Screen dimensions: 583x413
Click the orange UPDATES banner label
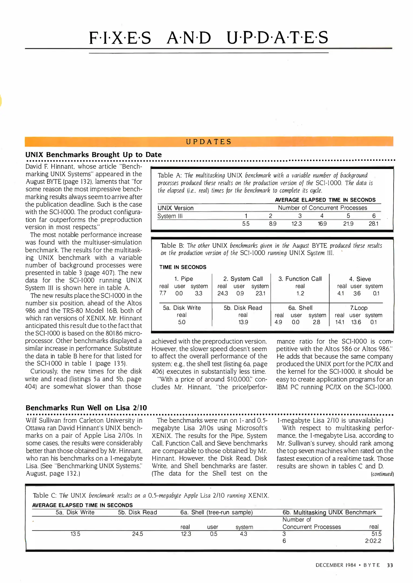[209, 142]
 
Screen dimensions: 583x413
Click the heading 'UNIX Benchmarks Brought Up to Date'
[93, 155]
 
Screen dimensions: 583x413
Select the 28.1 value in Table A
[373, 224]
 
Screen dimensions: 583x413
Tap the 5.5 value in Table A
[246, 224]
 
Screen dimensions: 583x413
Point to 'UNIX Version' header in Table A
[176, 208]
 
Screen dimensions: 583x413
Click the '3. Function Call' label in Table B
[300, 279]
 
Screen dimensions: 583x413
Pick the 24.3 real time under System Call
[223, 293]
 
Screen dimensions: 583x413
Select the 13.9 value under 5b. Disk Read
[243, 322]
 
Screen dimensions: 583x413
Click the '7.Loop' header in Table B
[358, 308]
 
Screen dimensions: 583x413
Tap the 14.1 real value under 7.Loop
[340, 322]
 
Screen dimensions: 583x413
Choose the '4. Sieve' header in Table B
[360, 279]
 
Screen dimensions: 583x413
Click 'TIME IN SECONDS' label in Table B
[183, 267]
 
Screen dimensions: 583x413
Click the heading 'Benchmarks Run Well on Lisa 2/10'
[86, 408]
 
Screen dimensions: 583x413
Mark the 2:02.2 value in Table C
[373, 541]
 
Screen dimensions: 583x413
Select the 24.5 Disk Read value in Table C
[137, 534]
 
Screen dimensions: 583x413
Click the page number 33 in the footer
[390, 565]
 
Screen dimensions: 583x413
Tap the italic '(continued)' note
[382, 474]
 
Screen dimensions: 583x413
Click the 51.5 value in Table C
[376, 534]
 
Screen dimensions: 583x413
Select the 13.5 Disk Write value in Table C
[75, 534]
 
